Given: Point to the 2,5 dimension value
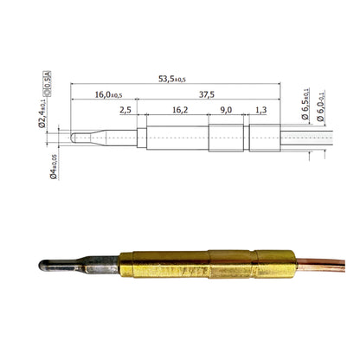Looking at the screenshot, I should (125, 111).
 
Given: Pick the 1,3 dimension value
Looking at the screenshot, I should (260, 111).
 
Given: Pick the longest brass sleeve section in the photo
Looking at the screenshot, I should (165, 265).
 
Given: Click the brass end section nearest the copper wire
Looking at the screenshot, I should (274, 263).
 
